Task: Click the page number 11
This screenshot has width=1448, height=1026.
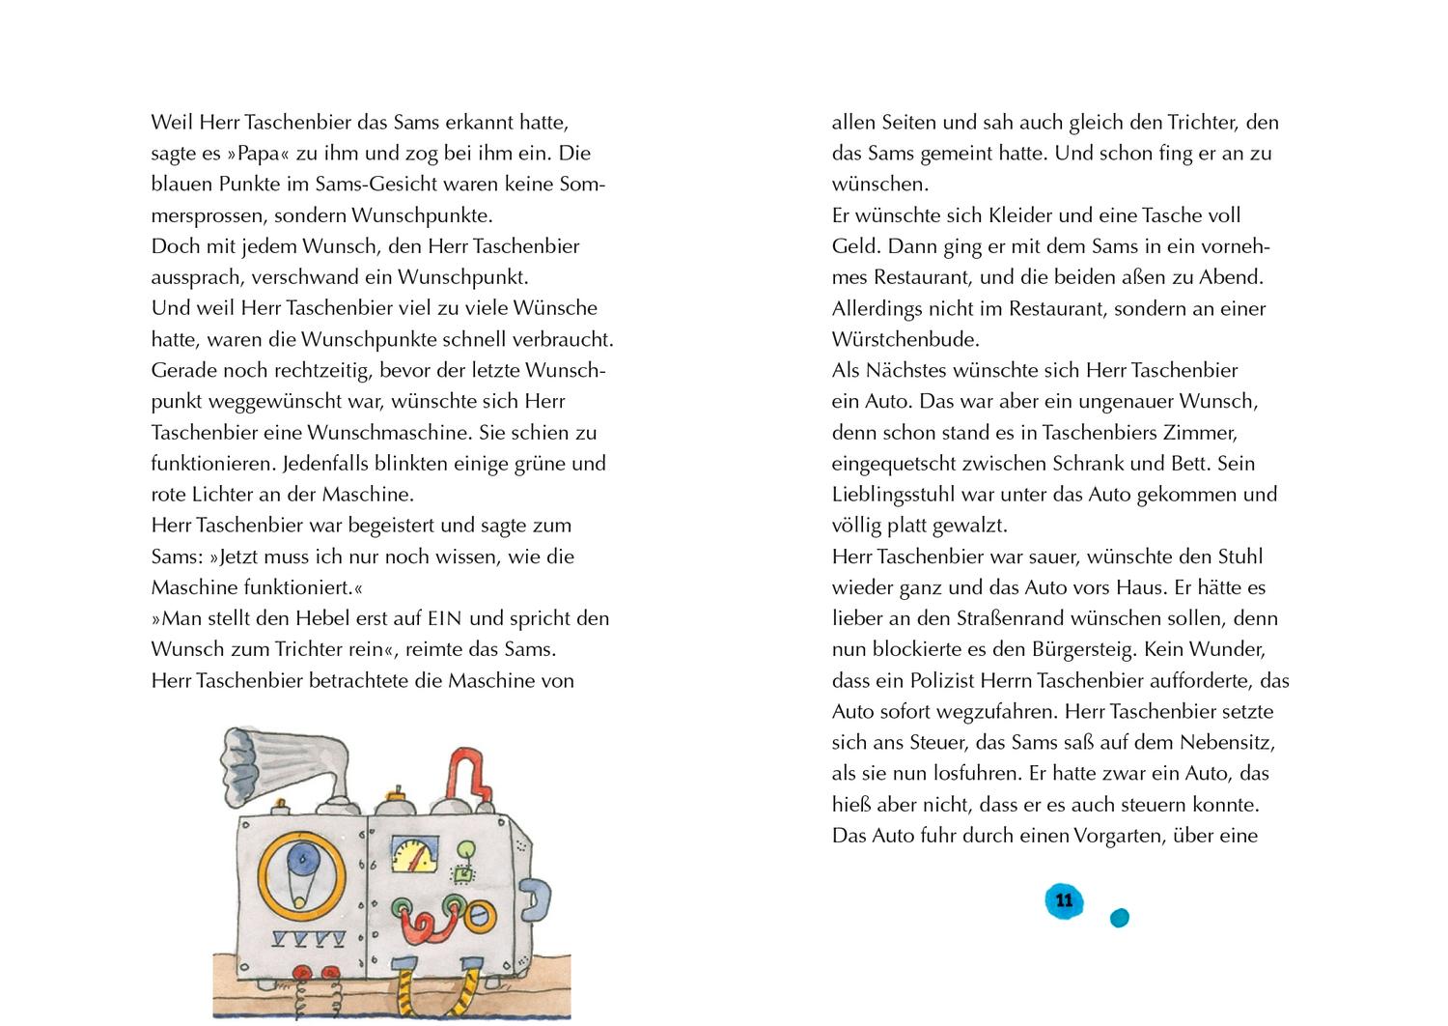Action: pyautogui.click(x=1064, y=900)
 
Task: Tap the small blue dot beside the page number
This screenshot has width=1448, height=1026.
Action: pyautogui.click(x=1119, y=918)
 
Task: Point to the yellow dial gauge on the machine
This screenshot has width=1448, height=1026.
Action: pyautogui.click(x=414, y=853)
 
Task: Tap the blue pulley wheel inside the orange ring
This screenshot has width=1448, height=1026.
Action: pyautogui.click(x=306, y=857)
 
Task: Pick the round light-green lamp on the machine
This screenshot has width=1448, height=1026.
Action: pyautogui.click(x=466, y=850)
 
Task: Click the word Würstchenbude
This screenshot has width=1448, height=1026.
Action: pyautogui.click(x=892, y=339)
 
